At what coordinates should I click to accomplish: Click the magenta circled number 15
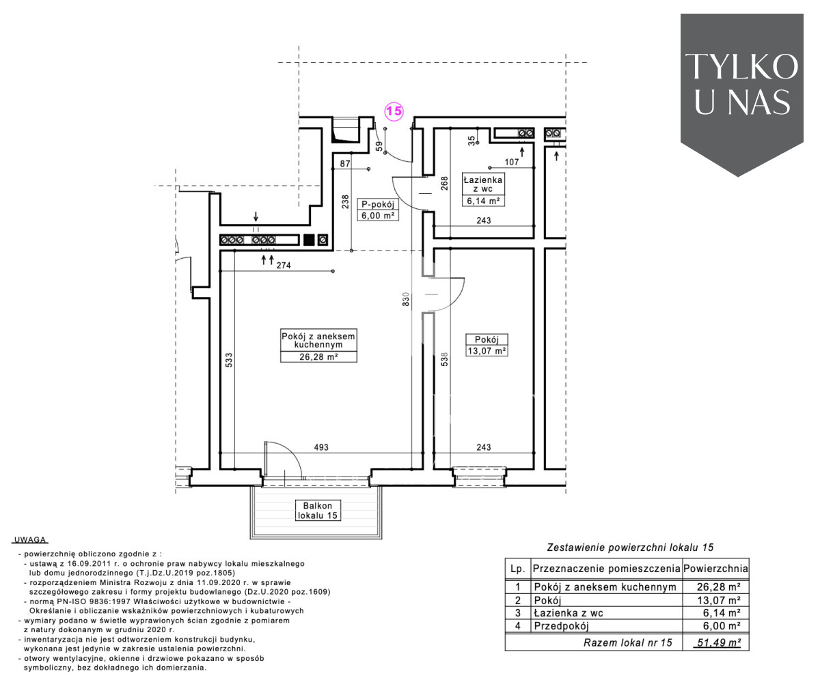pos(394,111)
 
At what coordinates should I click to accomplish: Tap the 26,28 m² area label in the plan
pos(318,356)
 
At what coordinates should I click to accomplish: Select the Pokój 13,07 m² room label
pos(487,345)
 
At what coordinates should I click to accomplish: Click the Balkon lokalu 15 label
pos(318,511)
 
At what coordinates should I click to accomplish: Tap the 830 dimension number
pos(406,299)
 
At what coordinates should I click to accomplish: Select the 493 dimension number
pos(321,447)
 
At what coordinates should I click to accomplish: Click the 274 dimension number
pos(284,266)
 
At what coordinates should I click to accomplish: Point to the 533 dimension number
pos(229,360)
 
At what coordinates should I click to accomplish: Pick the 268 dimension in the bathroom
pos(444,184)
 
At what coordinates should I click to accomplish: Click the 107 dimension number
pos(512,162)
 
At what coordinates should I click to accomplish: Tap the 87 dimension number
pos(345,163)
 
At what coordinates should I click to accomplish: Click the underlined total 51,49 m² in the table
pos(717,642)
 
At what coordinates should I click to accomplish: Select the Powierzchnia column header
pos(715,569)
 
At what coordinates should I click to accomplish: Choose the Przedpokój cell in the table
pos(561,626)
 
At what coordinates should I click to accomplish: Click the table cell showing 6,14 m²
pos(722,613)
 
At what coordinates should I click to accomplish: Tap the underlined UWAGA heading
pos(30,539)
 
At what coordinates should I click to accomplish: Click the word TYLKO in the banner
pos(741,67)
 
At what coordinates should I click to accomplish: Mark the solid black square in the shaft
pos(309,240)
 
